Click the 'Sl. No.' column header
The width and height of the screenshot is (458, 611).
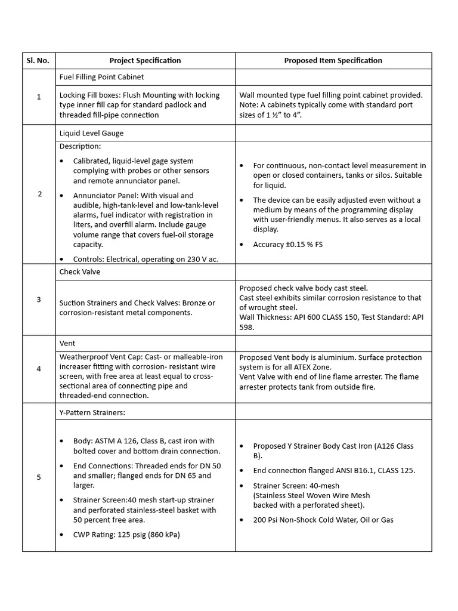[39, 60]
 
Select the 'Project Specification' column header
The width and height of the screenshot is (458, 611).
[145, 60]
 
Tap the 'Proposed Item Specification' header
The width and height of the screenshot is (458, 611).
[333, 60]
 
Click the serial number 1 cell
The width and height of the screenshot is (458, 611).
[39, 97]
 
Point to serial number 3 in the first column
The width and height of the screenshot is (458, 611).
[39, 300]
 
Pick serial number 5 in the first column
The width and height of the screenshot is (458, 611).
[39, 477]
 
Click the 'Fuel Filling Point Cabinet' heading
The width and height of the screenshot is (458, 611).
[101, 77]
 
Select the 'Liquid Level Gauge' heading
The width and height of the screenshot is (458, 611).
[91, 133]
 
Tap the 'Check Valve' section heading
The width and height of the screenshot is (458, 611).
[80, 272]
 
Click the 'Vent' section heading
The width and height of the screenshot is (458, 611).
[67, 344]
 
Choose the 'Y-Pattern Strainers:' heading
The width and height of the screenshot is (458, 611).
[92, 412]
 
